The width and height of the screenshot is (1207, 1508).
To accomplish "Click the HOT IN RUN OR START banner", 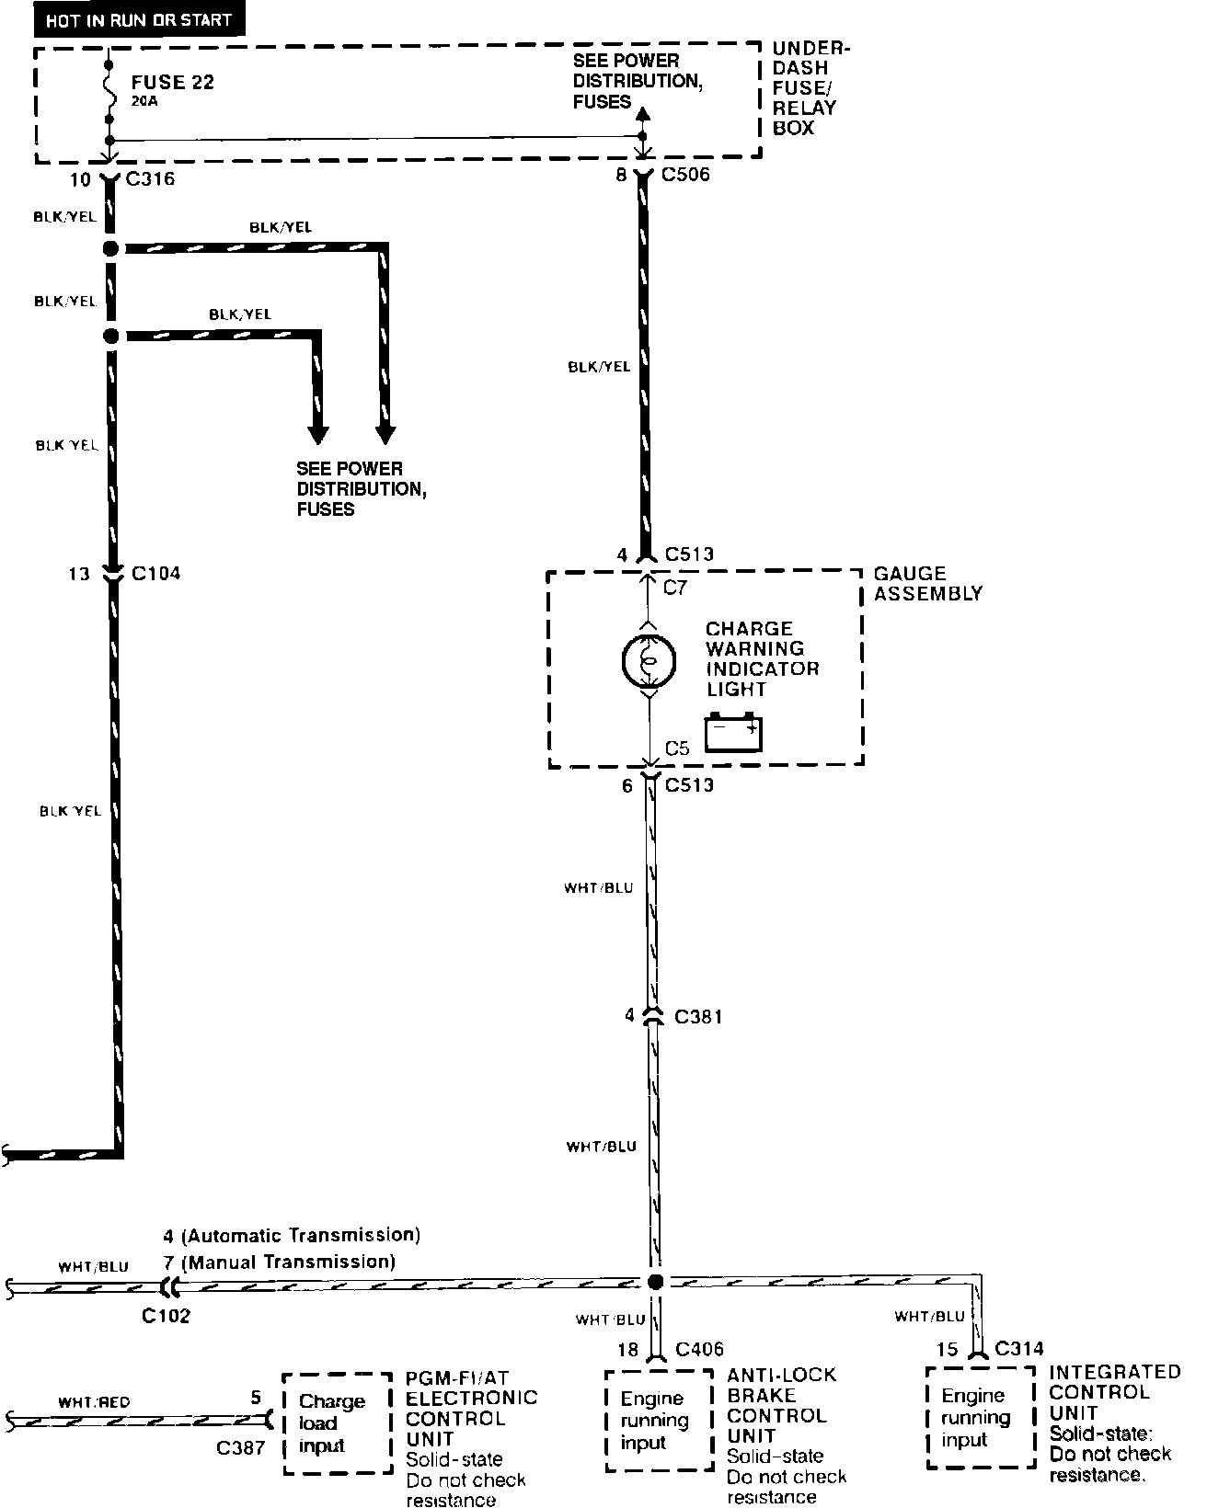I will [139, 19].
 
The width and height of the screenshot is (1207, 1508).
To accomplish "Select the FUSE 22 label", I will [172, 82].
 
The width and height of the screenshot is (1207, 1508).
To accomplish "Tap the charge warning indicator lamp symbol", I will [649, 660].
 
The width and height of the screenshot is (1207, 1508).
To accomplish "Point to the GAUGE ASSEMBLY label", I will [927, 584].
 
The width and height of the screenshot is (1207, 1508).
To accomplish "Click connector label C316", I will [150, 178].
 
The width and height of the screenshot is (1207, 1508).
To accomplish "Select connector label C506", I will [685, 174].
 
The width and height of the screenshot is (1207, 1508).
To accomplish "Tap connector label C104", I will [155, 574].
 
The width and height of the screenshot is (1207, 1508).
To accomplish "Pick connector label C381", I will [698, 1017].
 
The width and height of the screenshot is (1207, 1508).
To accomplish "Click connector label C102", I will [166, 1316].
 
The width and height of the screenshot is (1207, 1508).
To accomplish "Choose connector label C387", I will [240, 1448].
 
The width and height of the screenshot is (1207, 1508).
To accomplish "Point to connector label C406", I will [699, 1349].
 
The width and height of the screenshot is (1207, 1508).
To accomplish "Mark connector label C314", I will [1018, 1349].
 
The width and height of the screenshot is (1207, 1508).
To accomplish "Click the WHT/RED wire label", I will [94, 1402].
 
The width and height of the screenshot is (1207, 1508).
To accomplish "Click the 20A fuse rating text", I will [144, 102].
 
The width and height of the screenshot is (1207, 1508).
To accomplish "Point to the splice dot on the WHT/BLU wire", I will [655, 1282].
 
